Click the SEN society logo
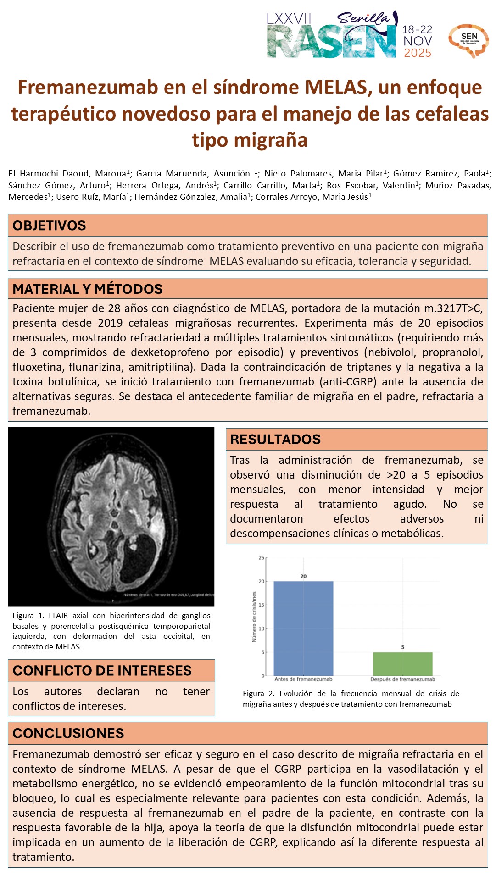(468, 40)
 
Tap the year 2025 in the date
(417, 53)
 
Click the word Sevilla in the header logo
(363, 18)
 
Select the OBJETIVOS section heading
(49, 225)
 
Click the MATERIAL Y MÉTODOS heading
(88, 289)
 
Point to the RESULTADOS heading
(275, 439)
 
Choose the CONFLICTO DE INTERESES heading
(102, 671)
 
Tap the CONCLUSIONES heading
(68, 733)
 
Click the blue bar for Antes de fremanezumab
(303, 628)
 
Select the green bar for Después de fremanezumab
(402, 664)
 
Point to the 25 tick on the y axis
(262, 558)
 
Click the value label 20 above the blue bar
(303, 576)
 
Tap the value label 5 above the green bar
(403, 647)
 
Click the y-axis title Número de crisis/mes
(254, 616)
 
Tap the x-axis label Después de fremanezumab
(402, 679)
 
